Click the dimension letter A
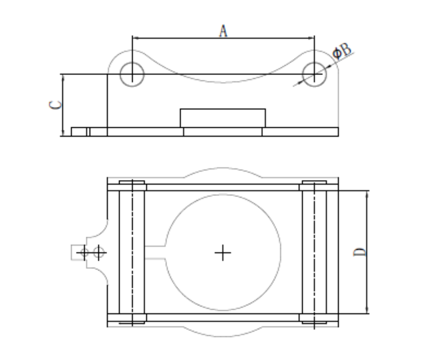point(223,30)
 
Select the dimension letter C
point(56,105)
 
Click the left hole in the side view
point(132,74)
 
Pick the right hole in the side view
point(314,75)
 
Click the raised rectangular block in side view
point(223,118)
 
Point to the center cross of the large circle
point(223,252)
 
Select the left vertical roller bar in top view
point(132,252)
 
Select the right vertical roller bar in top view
point(314,252)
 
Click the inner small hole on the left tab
point(98,252)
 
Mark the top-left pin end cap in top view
point(132,186)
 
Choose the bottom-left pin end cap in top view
point(132,318)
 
